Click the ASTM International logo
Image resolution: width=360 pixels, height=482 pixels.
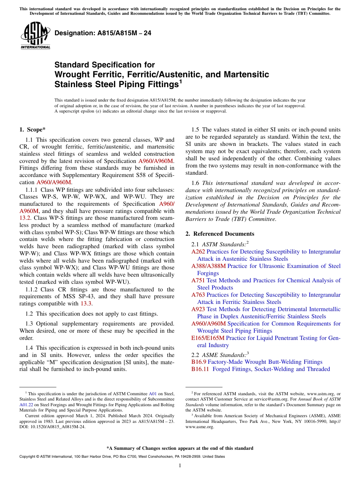(x=35, y=36)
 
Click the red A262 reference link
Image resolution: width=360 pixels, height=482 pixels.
(x=198, y=252)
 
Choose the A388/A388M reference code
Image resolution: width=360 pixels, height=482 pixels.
(x=208, y=266)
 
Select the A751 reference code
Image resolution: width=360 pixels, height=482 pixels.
(x=198, y=280)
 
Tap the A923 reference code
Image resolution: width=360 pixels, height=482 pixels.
(x=198, y=309)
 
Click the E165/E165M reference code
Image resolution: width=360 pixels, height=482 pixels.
(x=208, y=338)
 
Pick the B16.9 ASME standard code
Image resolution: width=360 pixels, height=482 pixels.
(x=199, y=362)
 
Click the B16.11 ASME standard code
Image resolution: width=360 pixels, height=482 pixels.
(x=200, y=369)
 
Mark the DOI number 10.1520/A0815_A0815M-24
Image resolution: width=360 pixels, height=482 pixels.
(x=55, y=427)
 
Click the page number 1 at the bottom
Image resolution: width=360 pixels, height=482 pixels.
(x=180, y=466)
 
